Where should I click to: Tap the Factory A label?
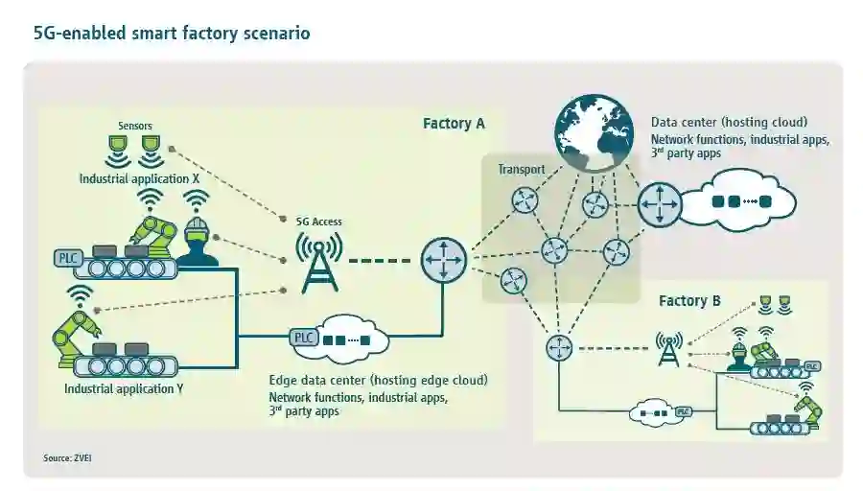[x=454, y=124]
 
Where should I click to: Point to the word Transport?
[x=521, y=170]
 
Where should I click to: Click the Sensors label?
[x=134, y=126]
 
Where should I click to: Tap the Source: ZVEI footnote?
[x=67, y=458]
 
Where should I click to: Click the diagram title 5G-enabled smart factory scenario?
[x=172, y=34]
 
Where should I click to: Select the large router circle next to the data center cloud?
[x=661, y=202]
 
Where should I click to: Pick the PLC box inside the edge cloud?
[x=303, y=338]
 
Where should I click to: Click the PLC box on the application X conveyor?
[x=69, y=258]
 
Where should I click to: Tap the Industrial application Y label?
[x=124, y=389]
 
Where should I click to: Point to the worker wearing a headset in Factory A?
[x=198, y=243]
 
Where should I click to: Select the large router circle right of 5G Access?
[x=443, y=260]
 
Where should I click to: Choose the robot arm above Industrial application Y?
[x=75, y=331]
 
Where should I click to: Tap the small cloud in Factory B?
[x=652, y=413]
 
